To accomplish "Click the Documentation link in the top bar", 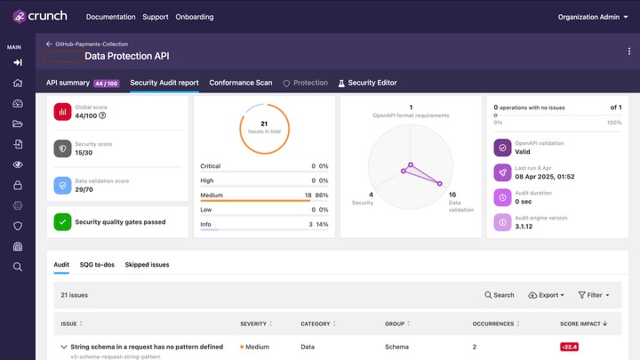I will click(x=110, y=17).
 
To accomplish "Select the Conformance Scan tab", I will click(x=241, y=83).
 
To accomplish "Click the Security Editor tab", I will click(x=367, y=83).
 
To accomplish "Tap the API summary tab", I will click(x=68, y=83).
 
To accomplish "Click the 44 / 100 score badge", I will click(x=107, y=83).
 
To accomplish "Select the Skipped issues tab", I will click(x=147, y=264).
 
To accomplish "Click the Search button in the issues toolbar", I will click(x=500, y=295).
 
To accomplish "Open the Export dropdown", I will click(x=547, y=295).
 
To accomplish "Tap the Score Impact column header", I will click(x=583, y=324).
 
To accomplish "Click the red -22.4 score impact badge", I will click(x=570, y=347).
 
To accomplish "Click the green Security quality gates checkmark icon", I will click(x=62, y=221).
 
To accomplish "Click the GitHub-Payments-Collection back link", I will click(x=87, y=43).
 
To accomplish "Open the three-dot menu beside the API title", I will click(x=628, y=51).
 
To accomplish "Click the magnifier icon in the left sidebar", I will click(x=18, y=267).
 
